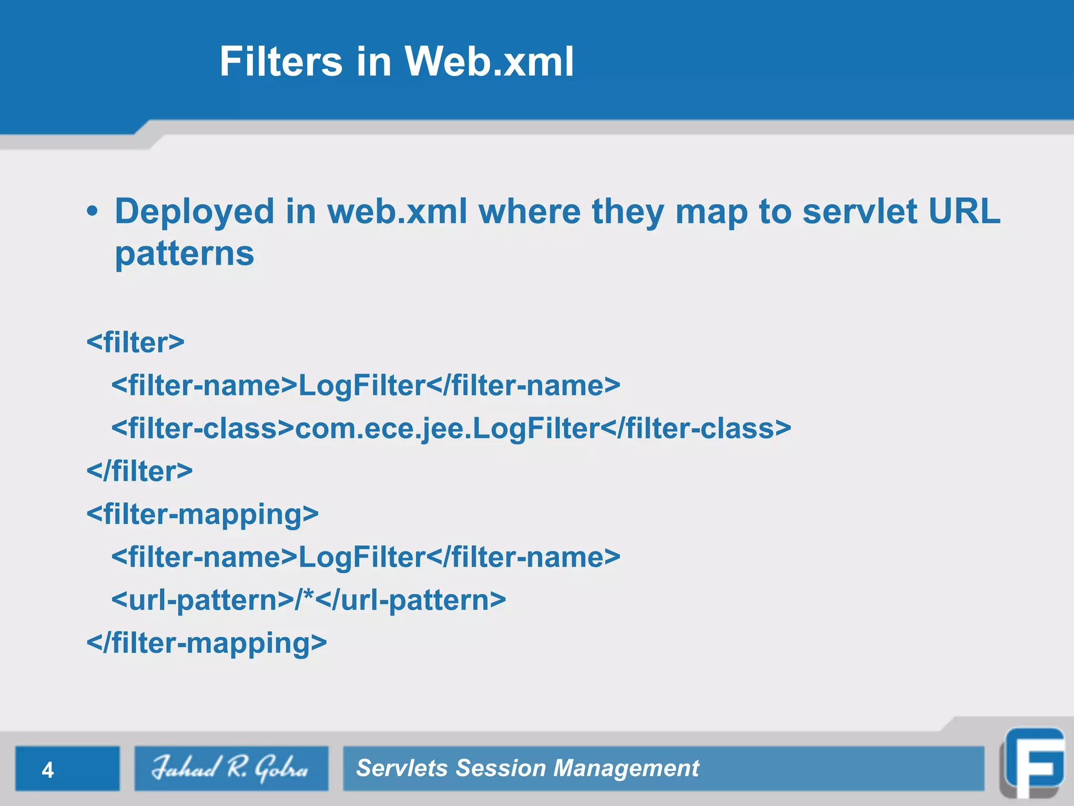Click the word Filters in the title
[281, 61]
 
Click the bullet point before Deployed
[92, 211]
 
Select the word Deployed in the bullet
[195, 211]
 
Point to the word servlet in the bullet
[860, 211]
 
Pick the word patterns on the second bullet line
[185, 254]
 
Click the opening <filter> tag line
[135, 342]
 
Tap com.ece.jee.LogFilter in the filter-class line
[447, 428]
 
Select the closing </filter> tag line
[139, 471]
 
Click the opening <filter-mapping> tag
[202, 514]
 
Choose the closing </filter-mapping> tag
[207, 643]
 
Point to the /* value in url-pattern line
[305, 599]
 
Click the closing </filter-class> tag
[696, 428]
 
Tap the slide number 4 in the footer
[48, 770]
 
